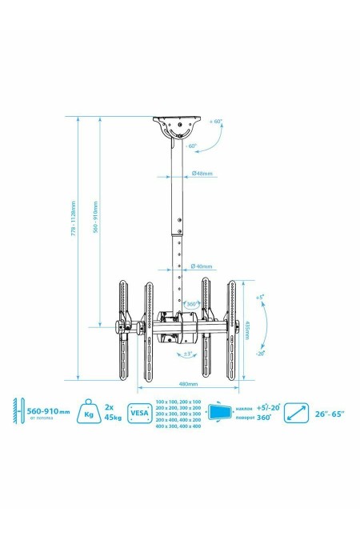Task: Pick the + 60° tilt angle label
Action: (217, 122)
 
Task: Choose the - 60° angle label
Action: (191, 146)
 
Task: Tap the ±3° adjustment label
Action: (186, 354)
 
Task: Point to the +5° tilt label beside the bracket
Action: (260, 297)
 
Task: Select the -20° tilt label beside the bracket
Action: (260, 352)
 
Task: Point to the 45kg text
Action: (114, 418)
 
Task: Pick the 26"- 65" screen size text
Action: (330, 414)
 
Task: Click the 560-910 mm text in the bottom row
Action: (50, 409)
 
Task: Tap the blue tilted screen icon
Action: (218, 413)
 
